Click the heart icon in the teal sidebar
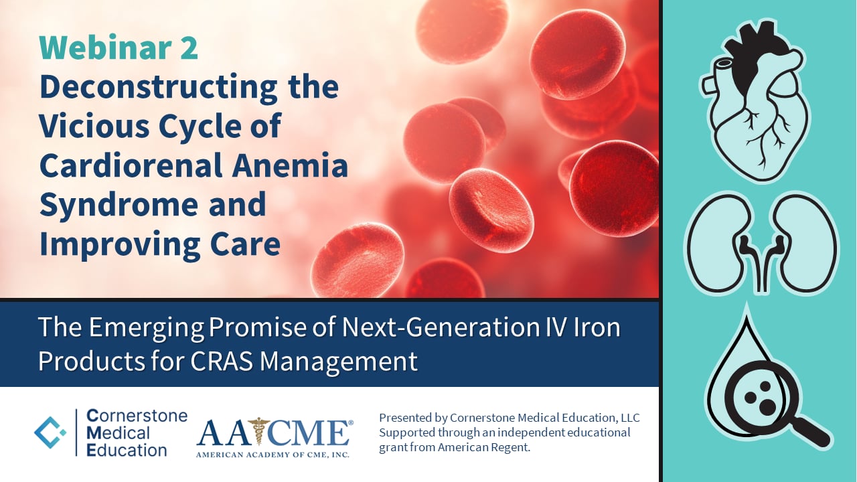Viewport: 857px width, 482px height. click(x=754, y=98)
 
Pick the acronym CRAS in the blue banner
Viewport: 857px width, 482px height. click(x=215, y=361)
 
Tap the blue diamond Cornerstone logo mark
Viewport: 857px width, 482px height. click(x=51, y=432)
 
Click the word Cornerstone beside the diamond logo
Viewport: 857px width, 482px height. click(x=137, y=416)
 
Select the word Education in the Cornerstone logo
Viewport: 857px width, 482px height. click(x=127, y=449)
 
